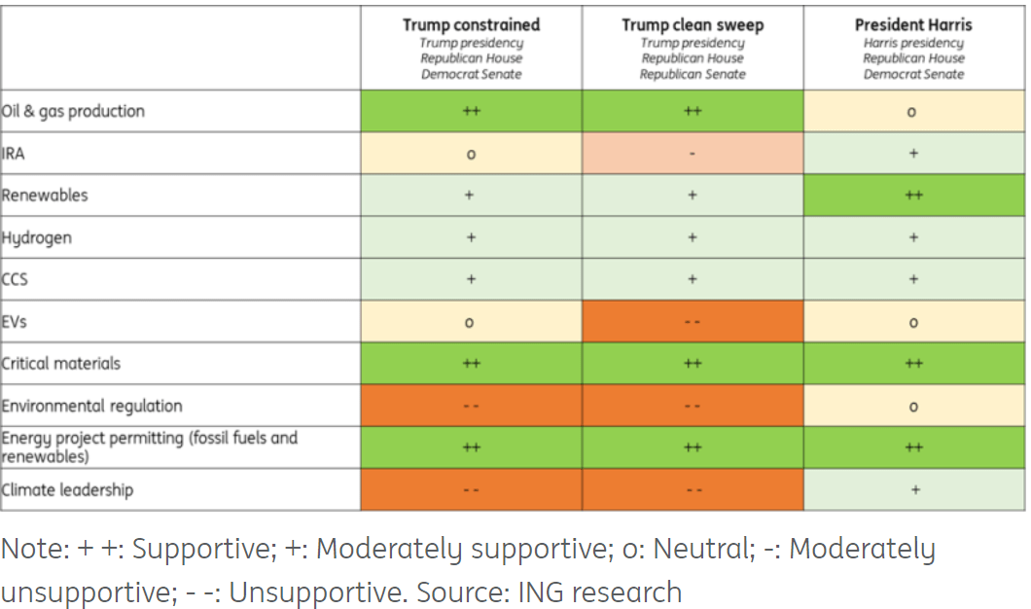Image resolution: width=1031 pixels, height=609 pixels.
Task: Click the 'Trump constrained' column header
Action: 471,25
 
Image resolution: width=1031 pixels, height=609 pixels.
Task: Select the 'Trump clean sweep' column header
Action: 693,25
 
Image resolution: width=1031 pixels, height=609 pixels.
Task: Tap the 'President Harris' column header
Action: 913,25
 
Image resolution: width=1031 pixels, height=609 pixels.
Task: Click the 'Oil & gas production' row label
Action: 74,111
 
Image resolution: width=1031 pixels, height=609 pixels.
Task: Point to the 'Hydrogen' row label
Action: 37,237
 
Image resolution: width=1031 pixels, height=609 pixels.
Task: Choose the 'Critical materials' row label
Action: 62,363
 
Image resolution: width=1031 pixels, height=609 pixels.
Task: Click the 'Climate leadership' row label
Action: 68,489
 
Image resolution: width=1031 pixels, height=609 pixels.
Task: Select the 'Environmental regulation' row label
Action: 92,406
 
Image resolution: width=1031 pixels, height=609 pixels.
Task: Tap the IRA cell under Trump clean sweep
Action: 693,154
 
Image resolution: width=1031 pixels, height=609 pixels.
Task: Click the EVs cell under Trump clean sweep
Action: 693,322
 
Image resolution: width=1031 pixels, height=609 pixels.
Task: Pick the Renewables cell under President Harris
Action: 913,196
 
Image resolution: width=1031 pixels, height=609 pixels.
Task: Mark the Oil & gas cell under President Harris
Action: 913,112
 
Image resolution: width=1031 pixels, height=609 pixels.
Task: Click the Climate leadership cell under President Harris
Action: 913,490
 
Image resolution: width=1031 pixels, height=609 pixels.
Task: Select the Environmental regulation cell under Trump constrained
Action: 471,406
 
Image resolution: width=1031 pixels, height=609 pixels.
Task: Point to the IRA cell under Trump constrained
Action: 471,154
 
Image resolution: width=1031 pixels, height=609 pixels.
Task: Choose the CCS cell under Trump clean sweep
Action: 693,279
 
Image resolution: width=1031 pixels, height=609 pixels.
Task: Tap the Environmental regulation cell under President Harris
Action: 913,406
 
